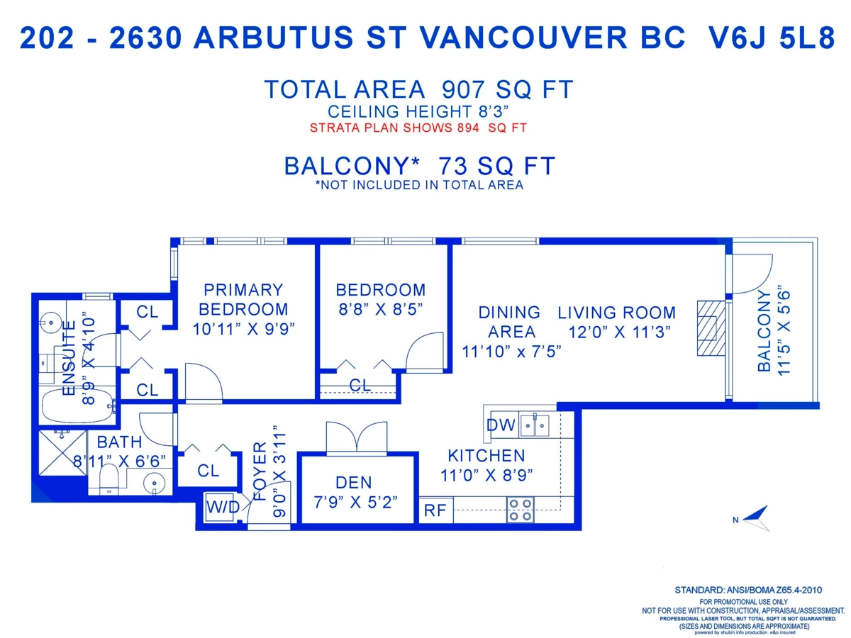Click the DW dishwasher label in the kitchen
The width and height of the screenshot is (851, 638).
coord(501,425)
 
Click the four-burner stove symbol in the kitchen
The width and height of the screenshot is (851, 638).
coord(520,510)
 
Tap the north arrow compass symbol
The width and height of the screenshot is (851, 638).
coord(757,518)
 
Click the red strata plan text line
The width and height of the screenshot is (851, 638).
coord(418,128)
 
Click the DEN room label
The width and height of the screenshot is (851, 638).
coord(353,483)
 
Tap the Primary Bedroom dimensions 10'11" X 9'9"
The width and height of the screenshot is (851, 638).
coord(243,328)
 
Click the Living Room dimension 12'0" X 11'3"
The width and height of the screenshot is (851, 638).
coord(619,332)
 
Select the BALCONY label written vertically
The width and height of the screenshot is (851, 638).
coord(764,331)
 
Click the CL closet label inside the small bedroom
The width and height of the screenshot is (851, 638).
coord(360,386)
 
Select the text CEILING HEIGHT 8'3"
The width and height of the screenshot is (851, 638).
coord(418,112)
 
